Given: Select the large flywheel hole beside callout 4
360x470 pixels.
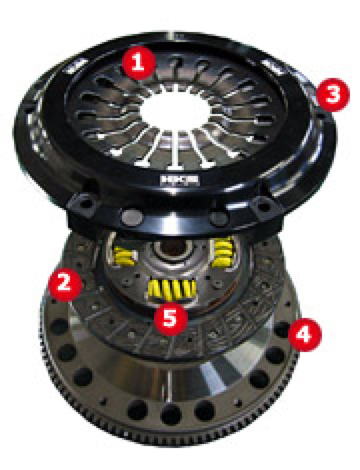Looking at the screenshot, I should [x=282, y=331].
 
